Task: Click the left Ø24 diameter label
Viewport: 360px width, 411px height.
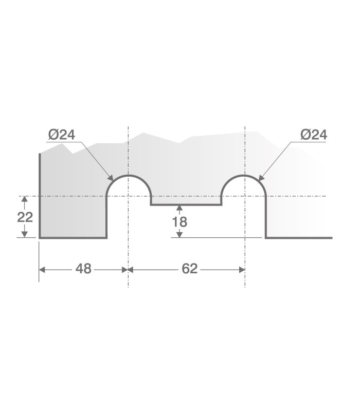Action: tap(62, 135)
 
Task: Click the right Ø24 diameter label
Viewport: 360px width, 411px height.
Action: tap(314, 135)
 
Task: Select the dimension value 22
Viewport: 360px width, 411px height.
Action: tap(25, 217)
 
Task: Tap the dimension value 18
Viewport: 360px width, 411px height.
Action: tap(179, 222)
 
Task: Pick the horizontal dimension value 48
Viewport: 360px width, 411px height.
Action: tap(83, 269)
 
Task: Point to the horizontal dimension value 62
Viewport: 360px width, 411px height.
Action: tap(189, 269)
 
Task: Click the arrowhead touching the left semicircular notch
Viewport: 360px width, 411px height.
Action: tap(111, 178)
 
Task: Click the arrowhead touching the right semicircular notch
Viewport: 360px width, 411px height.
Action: tap(262, 178)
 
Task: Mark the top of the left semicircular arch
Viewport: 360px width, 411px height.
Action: tap(128, 175)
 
